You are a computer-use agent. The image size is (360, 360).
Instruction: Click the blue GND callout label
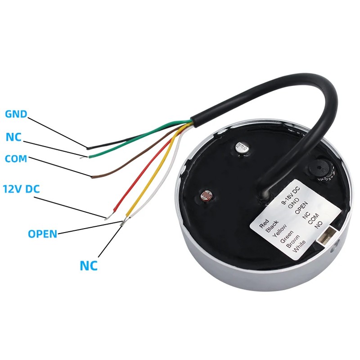click(x=16, y=114)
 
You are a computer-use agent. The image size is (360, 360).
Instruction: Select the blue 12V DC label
click(x=21, y=189)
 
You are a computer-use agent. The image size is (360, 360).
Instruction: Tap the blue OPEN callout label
click(x=42, y=234)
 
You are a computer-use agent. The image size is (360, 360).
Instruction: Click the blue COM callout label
click(x=16, y=159)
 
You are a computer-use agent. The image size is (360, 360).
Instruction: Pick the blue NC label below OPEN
click(x=89, y=265)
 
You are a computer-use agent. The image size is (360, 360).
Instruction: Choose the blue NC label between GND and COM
click(x=13, y=137)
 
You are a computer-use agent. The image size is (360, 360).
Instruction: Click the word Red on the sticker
click(x=264, y=223)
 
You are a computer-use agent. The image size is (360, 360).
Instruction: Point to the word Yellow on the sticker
click(x=279, y=230)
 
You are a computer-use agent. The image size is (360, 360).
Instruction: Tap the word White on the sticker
click(x=299, y=246)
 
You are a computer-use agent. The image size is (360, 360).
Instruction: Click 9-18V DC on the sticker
click(x=291, y=195)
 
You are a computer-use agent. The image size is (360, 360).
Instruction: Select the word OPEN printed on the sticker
click(x=301, y=207)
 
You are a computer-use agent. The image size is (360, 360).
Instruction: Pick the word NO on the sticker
click(x=319, y=225)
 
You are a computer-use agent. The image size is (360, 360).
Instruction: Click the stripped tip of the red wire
click(x=108, y=216)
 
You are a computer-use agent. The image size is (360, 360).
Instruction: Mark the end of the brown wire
click(x=92, y=177)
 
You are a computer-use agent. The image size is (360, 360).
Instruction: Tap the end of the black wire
click(x=88, y=148)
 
